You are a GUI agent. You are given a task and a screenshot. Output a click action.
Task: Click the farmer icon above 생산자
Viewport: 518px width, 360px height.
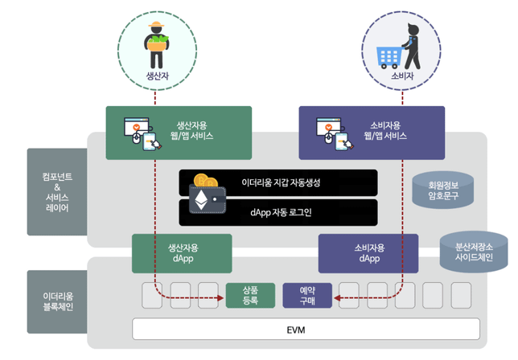pyautogui.click(x=155, y=46)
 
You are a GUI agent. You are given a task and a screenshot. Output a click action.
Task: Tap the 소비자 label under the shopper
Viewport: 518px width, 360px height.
pyautogui.click(x=401, y=76)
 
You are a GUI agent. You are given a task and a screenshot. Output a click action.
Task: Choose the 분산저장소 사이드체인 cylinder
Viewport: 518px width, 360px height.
pyautogui.click(x=473, y=249)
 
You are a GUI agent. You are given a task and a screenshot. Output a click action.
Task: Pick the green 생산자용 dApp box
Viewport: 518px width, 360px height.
pyautogui.click(x=182, y=253)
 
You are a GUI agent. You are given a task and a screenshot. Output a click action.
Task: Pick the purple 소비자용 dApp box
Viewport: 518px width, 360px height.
pyautogui.click(x=368, y=253)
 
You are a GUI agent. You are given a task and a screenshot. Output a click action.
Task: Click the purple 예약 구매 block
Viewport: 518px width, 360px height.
pyautogui.click(x=306, y=296)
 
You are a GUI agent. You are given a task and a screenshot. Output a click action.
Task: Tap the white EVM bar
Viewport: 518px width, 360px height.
pyautogui.click(x=306, y=329)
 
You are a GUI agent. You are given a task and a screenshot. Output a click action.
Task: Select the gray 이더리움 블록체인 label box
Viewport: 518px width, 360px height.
pyautogui.click(x=55, y=301)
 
